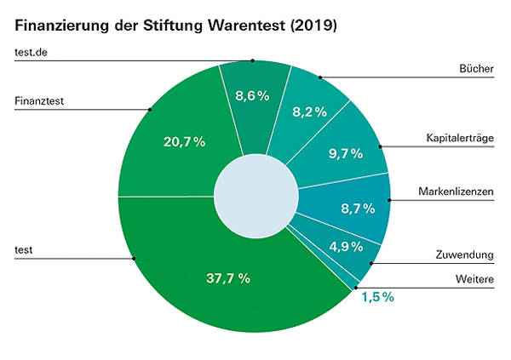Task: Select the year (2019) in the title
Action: coord(314,26)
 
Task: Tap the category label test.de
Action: coord(32,54)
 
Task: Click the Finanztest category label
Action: coord(40,100)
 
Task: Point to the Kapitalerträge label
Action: coord(459,137)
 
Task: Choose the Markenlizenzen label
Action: coord(456,191)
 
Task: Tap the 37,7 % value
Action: coord(228,277)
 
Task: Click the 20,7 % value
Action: coord(184,142)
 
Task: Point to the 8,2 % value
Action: coord(310,111)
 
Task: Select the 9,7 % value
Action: coord(345,154)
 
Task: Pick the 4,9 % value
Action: coord(346,247)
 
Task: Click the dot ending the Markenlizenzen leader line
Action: coord(389,200)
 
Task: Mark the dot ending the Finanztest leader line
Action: coord(150,109)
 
